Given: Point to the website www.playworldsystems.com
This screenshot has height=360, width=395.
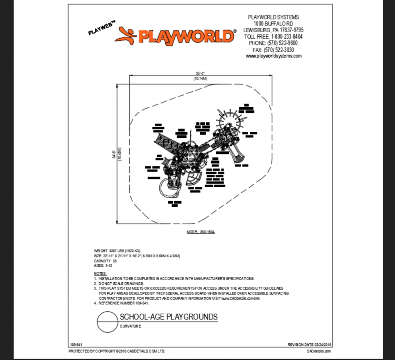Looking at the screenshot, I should [x=273, y=56].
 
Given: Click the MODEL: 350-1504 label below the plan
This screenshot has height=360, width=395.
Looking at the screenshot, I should [x=200, y=232].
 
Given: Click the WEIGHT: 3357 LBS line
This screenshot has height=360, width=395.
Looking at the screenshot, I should [x=117, y=250].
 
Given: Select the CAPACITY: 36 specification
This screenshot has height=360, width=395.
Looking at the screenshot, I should [x=105, y=261].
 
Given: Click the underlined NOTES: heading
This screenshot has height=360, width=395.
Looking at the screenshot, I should [x=100, y=273].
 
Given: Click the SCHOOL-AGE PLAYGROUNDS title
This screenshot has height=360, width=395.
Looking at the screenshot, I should [x=168, y=317].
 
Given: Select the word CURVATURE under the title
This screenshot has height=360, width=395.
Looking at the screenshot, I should [x=131, y=326].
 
